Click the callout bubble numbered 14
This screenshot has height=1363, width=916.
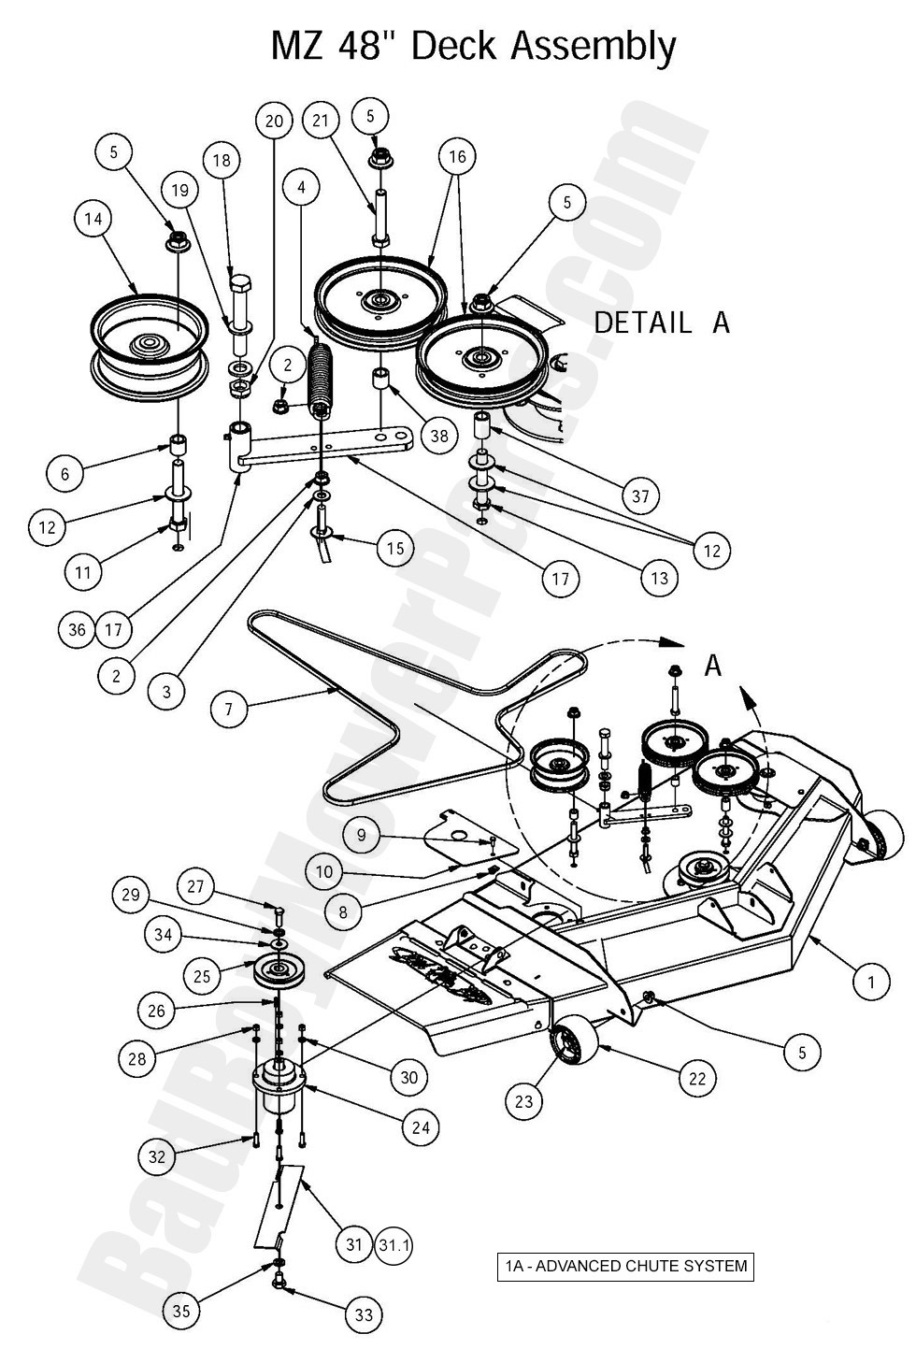click(93, 219)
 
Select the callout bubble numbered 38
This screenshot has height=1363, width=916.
click(439, 435)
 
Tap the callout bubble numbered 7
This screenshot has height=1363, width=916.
click(229, 709)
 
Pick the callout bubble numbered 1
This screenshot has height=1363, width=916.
click(871, 982)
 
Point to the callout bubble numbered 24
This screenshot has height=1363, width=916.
click(421, 1127)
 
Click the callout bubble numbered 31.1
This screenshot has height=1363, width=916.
click(394, 1245)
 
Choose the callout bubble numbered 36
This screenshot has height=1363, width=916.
click(77, 630)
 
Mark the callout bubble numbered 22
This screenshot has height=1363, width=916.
click(697, 1079)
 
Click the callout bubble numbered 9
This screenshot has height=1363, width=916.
click(362, 835)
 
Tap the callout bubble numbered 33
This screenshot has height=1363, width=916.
click(364, 1315)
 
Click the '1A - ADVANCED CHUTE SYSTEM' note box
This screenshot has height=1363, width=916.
click(625, 1267)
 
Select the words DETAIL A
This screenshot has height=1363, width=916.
click(662, 323)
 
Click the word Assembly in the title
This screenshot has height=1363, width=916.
click(593, 48)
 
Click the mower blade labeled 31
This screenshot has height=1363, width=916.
click(279, 1205)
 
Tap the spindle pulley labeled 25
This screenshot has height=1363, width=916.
click(279, 971)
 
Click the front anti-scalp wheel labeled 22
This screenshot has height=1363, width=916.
click(574, 1045)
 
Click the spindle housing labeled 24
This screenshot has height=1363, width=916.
click(279, 1088)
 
